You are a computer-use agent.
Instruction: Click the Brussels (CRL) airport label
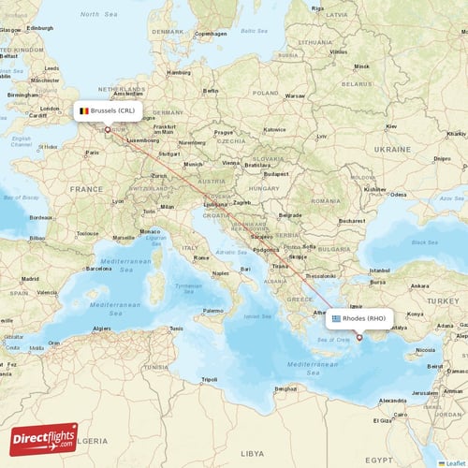tap(109, 110)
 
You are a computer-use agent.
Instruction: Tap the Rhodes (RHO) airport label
tap(359, 318)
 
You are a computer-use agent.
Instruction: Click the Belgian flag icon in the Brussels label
tap(84, 110)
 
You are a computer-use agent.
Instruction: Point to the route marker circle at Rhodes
tap(358, 338)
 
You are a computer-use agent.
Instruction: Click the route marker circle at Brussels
tap(108, 130)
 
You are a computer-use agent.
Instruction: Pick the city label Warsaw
tap(296, 95)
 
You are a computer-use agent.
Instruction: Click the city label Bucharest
tap(352, 221)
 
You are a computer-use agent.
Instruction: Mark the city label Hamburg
tap(178, 72)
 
